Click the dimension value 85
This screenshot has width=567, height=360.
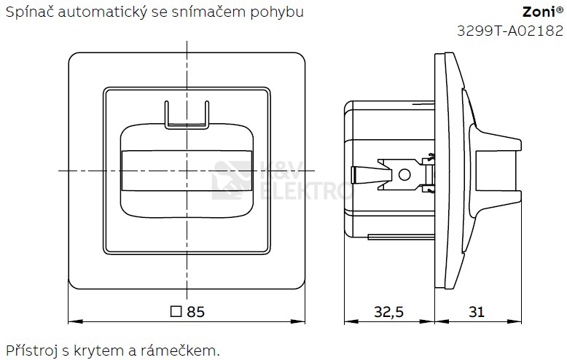195,312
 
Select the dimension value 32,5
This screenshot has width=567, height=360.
388,312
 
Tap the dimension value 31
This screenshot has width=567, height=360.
477,312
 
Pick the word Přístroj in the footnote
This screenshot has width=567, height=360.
30,351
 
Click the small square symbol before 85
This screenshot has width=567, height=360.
175,312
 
